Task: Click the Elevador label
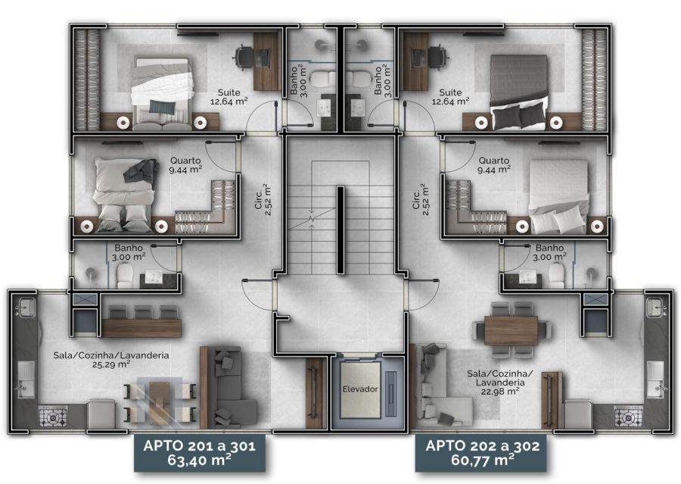(x=360, y=389)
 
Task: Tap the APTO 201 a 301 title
(x=199, y=445)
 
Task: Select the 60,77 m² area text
(x=483, y=460)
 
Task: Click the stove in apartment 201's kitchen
(x=53, y=417)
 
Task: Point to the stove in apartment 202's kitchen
(x=628, y=417)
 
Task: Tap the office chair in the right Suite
(x=437, y=56)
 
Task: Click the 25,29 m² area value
(x=111, y=364)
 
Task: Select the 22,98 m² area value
(x=500, y=392)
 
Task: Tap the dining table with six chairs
(x=512, y=330)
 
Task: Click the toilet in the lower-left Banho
(x=125, y=275)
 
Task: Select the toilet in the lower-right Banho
(x=556, y=275)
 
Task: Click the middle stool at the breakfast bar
(x=143, y=312)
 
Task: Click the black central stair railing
(x=341, y=230)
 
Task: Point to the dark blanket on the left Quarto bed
(x=141, y=171)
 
